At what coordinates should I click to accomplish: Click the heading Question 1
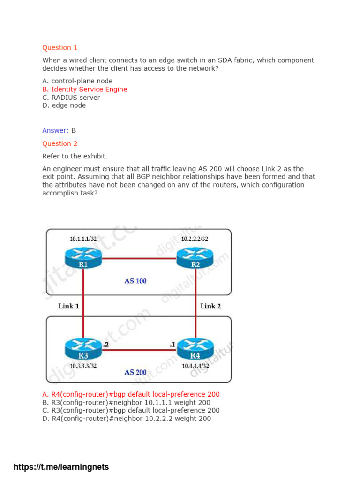(60, 48)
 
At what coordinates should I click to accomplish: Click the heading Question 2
(60, 144)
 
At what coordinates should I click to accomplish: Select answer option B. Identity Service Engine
(84, 90)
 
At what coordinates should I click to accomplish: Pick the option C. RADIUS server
(71, 97)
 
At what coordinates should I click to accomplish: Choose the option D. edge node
(64, 105)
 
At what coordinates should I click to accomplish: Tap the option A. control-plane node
(77, 81)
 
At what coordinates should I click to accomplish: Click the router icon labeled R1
(83, 257)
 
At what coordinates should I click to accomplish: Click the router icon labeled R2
(195, 257)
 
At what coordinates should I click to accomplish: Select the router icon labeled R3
(83, 348)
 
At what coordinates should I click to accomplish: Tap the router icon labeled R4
(195, 348)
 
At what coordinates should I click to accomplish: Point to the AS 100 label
(135, 281)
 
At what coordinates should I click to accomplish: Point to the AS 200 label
(135, 373)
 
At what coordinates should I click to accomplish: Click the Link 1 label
(68, 306)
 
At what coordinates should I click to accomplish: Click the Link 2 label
(210, 306)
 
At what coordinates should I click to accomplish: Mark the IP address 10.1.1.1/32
(83, 239)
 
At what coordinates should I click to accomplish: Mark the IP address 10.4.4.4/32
(195, 366)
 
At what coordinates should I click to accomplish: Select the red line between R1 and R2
(139, 258)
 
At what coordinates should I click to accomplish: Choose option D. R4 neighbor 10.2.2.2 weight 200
(127, 419)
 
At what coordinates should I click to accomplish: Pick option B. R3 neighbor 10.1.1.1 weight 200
(126, 403)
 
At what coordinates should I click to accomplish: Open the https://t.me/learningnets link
(61, 467)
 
